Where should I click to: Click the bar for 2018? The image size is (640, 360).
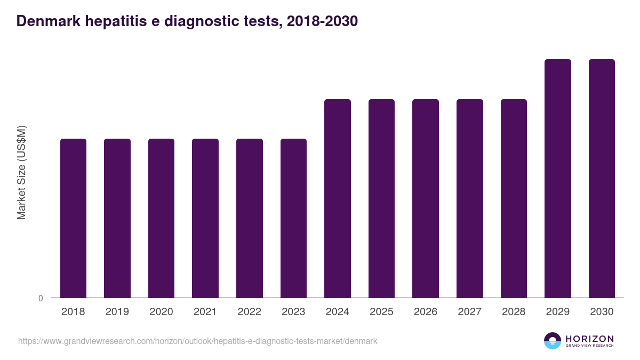(73, 218)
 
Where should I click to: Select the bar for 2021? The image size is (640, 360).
(205, 218)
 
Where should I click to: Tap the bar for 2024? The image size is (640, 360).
(338, 198)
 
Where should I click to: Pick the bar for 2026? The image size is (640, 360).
(426, 198)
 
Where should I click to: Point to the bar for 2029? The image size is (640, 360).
(557, 179)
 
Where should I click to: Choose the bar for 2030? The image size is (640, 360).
(602, 179)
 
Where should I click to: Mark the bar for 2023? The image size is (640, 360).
(293, 218)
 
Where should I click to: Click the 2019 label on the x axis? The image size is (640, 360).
(117, 312)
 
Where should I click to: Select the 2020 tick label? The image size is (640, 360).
(161, 312)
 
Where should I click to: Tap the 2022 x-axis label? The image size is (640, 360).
(249, 312)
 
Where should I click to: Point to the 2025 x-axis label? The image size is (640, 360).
(381, 312)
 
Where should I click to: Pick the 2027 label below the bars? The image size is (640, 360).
(469, 312)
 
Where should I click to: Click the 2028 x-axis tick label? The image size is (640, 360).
(514, 312)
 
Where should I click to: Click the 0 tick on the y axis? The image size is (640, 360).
(41, 298)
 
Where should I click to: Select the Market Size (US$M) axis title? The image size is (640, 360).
(21, 172)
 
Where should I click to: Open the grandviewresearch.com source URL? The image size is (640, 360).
(198, 341)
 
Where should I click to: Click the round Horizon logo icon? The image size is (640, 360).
(553, 341)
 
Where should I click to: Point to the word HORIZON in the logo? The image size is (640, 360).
(589, 339)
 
